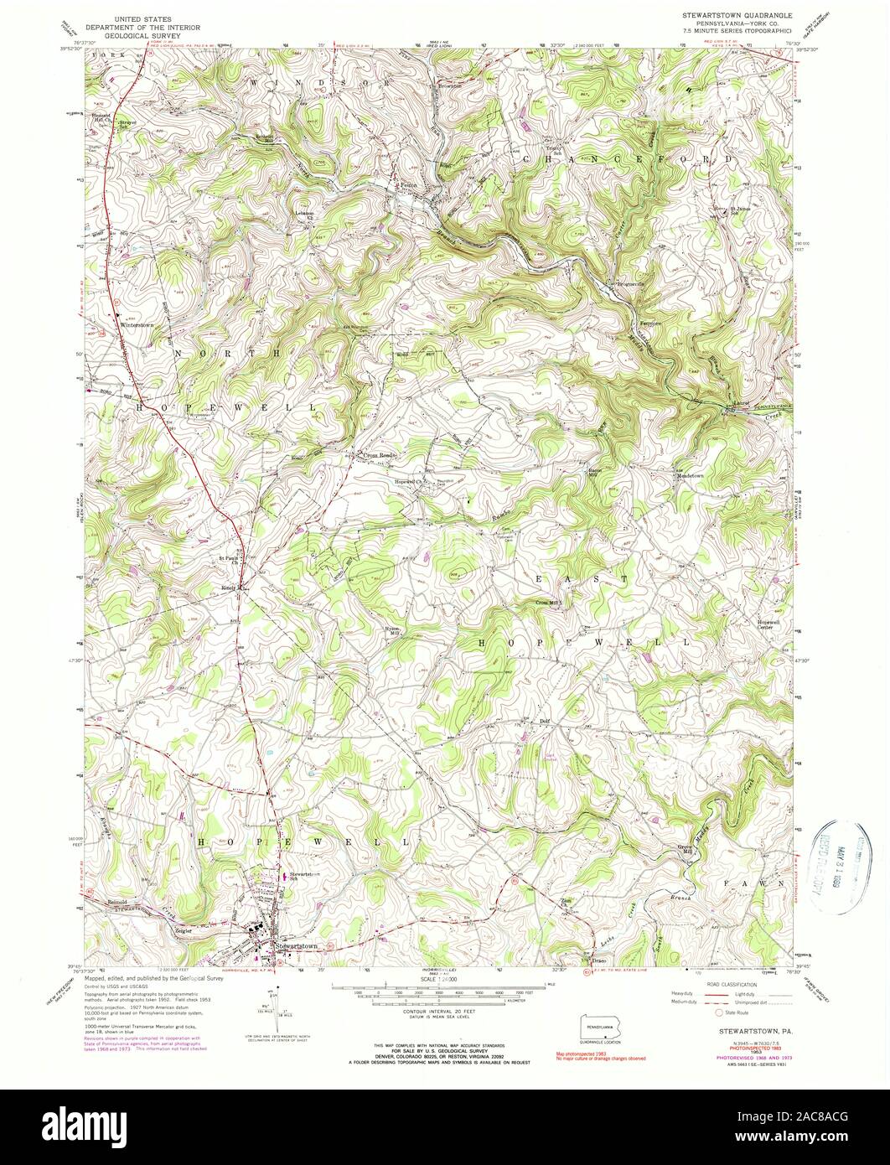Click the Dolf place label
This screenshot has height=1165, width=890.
click(x=545, y=720)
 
